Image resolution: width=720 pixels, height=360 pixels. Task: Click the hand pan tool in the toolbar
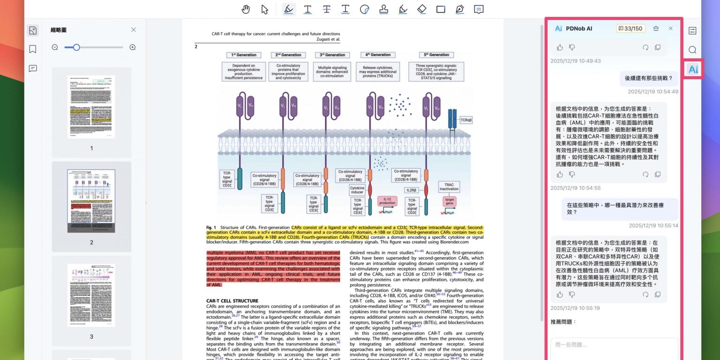click(246, 9)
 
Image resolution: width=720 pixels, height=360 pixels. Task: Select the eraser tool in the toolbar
click(421, 9)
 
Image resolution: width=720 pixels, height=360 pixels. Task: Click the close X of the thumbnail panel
click(134, 30)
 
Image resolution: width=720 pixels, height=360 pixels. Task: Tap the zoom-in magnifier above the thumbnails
click(133, 47)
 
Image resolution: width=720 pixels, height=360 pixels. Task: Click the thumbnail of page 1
click(91, 107)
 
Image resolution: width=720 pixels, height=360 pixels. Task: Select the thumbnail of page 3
click(91, 295)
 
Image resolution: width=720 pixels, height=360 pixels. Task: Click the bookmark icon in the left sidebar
click(33, 49)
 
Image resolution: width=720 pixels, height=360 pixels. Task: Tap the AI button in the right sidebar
click(693, 69)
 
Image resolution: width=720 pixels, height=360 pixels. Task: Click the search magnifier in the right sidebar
click(692, 50)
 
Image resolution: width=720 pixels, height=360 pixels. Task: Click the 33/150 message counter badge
click(630, 29)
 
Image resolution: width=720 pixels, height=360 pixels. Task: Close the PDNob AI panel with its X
click(670, 29)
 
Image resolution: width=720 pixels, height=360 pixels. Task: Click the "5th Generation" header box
click(436, 55)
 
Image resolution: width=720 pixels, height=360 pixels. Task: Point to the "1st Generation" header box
click(244, 55)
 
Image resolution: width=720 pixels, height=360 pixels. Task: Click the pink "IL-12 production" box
click(388, 201)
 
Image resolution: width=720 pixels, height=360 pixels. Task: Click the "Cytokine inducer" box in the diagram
click(357, 190)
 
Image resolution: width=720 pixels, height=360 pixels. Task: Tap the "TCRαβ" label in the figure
click(466, 120)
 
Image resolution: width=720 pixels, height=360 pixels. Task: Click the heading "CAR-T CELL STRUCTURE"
click(232, 301)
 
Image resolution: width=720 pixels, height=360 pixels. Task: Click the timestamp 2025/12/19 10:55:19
click(575, 308)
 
